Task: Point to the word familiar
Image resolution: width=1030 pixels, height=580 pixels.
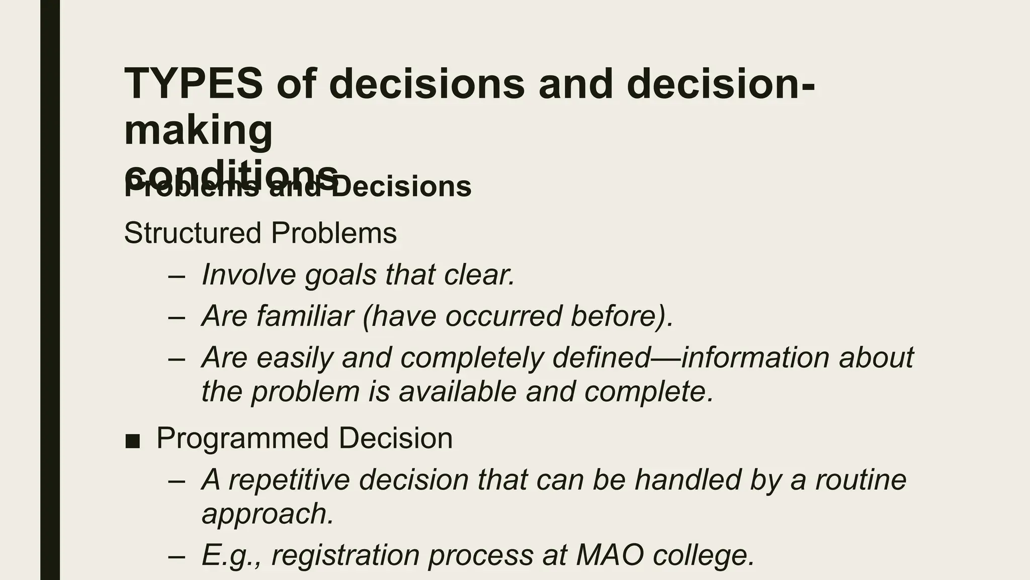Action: click(305, 316)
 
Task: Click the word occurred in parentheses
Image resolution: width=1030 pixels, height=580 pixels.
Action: click(503, 316)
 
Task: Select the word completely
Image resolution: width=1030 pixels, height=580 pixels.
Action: click(472, 357)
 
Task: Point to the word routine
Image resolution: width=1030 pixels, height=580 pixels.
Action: click(861, 479)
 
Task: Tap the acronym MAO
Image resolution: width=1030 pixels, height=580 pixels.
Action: click(610, 555)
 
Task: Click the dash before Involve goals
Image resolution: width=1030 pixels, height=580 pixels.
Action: click(177, 276)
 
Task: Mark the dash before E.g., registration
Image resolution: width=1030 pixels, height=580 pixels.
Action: click(177, 556)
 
